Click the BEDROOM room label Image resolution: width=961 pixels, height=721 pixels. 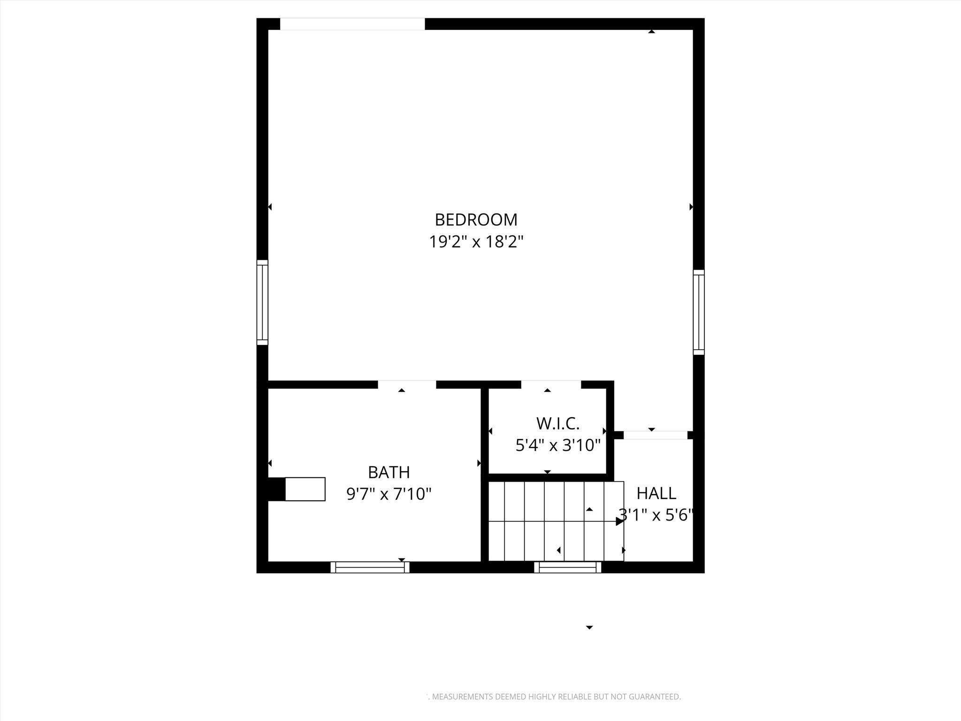click(x=476, y=220)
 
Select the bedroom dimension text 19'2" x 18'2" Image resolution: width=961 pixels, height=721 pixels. click(x=476, y=242)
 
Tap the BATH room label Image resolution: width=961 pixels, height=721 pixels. click(x=389, y=472)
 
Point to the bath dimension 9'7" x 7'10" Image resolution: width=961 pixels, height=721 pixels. click(x=389, y=494)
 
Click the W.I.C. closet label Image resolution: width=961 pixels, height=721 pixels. click(x=557, y=423)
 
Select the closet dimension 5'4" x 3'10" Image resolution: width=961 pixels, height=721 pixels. click(x=557, y=445)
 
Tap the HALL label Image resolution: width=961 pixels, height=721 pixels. click(x=656, y=493)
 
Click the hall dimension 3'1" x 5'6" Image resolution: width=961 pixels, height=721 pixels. click(x=656, y=515)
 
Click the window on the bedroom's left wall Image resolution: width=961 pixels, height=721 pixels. click(x=262, y=302)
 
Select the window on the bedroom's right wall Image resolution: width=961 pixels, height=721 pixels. click(x=699, y=312)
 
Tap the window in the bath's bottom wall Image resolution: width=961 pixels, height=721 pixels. click(x=370, y=567)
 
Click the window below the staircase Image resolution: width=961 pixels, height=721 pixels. click(x=568, y=567)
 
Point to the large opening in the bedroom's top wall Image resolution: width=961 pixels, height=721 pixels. click(x=352, y=24)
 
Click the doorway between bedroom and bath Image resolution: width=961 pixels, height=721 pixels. click(x=407, y=384)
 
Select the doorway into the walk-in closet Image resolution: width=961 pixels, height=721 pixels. click(x=551, y=384)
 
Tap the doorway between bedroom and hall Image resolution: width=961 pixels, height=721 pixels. click(x=655, y=435)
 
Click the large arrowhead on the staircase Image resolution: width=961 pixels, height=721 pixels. click(x=619, y=521)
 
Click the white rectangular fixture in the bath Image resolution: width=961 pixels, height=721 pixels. click(x=305, y=489)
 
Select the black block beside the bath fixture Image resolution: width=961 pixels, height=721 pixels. click(x=276, y=489)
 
